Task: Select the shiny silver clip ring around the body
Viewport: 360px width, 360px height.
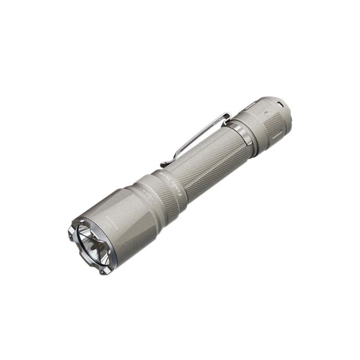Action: click(x=243, y=135)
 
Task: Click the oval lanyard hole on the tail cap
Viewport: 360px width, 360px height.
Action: click(x=280, y=104)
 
